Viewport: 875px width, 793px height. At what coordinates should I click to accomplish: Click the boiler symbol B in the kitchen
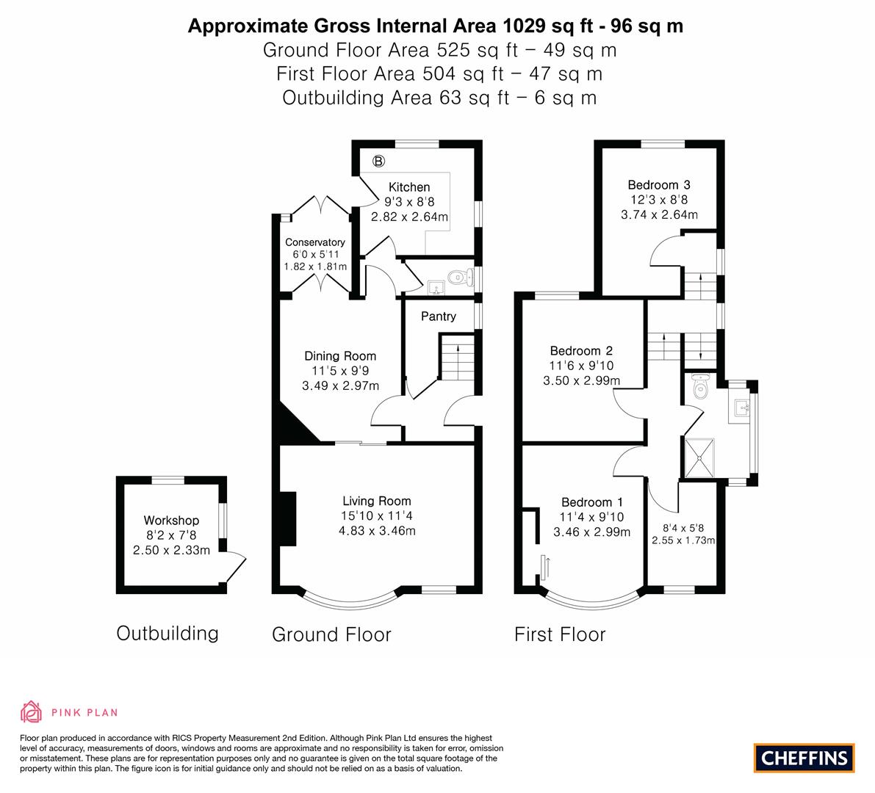pyautogui.click(x=378, y=161)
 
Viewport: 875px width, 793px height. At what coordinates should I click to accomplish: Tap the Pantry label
pyautogui.click(x=439, y=316)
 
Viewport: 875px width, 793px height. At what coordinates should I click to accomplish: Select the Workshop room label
pyautogui.click(x=171, y=521)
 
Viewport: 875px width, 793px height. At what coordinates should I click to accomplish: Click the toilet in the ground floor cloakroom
pyautogui.click(x=460, y=276)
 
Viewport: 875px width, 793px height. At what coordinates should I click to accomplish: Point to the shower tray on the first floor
pyautogui.click(x=699, y=458)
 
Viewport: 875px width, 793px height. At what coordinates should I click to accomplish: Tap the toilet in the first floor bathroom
pyautogui.click(x=699, y=386)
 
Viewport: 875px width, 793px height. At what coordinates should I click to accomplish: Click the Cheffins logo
pyautogui.click(x=804, y=758)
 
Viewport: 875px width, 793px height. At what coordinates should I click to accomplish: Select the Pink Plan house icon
pyautogui.click(x=32, y=711)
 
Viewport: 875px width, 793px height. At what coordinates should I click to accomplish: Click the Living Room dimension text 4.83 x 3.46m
pyautogui.click(x=377, y=531)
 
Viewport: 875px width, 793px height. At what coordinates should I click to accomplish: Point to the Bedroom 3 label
pyautogui.click(x=659, y=184)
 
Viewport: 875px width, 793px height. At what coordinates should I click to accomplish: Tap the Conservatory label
pyautogui.click(x=315, y=242)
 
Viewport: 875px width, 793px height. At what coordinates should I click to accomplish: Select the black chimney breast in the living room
pyautogui.click(x=287, y=518)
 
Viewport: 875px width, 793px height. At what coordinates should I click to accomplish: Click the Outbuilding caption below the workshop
pyautogui.click(x=168, y=634)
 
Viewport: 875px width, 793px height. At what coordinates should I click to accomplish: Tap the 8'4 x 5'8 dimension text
pyautogui.click(x=683, y=527)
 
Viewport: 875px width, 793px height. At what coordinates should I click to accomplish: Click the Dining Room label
pyautogui.click(x=340, y=356)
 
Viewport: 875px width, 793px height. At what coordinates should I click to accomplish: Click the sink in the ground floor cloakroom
pyautogui.click(x=436, y=288)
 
